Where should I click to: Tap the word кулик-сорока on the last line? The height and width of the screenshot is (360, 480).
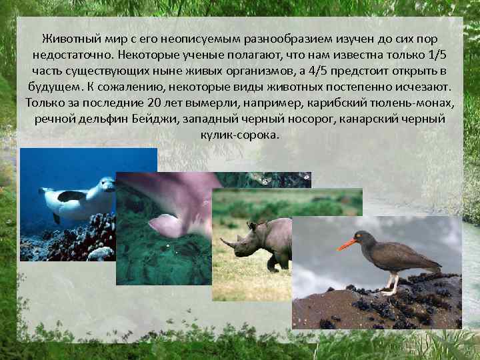point(239,135)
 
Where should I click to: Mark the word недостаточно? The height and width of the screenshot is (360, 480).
point(70,55)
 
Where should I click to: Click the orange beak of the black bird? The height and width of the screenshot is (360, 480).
point(346,244)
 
